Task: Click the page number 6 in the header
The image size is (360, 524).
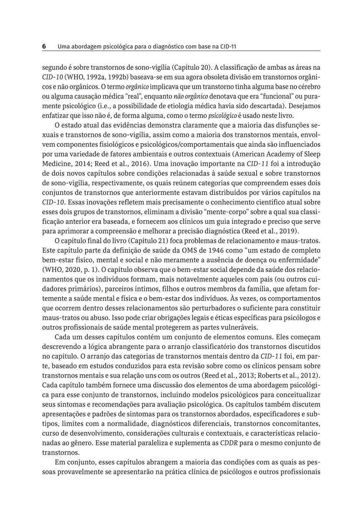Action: coord(44,46)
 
